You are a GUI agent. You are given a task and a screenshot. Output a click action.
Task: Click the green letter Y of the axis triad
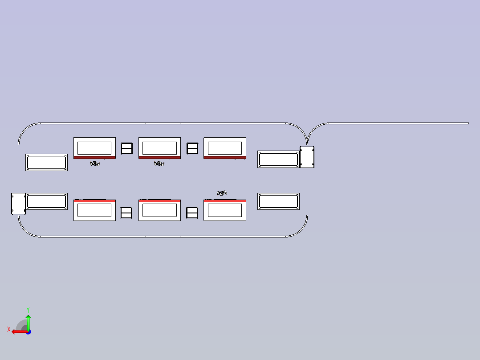(28, 310)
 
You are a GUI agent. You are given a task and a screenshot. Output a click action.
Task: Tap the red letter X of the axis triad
(9, 329)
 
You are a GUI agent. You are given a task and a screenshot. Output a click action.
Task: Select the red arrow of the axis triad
(20, 332)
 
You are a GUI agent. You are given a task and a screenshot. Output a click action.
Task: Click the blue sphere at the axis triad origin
(28, 332)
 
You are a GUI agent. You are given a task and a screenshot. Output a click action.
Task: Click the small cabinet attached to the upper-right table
(307, 157)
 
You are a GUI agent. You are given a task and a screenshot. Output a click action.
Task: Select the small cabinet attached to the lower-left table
(18, 204)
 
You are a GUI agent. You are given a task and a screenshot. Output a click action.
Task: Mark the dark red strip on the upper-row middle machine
(159, 157)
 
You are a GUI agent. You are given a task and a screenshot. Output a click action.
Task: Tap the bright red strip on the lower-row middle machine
(159, 201)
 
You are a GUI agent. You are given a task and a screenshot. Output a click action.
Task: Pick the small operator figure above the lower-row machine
(222, 193)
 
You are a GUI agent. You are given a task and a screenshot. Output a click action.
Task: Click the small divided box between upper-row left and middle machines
(127, 149)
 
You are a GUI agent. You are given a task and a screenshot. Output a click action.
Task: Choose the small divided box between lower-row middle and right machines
(192, 213)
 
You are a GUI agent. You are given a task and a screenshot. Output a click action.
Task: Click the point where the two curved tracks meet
(307, 143)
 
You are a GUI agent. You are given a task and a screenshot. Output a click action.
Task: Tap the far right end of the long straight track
(468, 123)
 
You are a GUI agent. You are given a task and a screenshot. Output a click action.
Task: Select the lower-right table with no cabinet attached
(279, 201)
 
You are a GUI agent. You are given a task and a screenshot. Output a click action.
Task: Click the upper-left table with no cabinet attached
(46, 162)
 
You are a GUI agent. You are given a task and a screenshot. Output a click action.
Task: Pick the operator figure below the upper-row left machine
(95, 164)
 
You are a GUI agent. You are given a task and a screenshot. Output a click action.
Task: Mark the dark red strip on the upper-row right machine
(225, 157)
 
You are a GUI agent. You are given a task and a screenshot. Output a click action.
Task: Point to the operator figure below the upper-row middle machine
(159, 164)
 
